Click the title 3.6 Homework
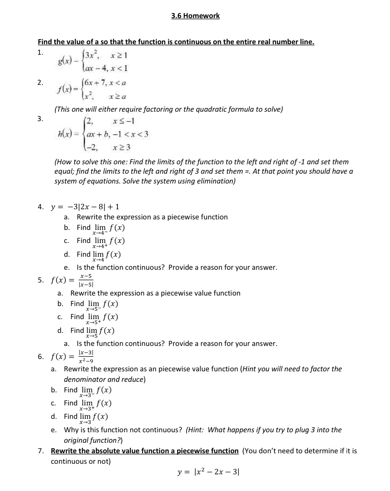tap(195, 16)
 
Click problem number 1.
tap(40, 52)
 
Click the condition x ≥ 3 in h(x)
tap(122, 148)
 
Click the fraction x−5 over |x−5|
tap(86, 280)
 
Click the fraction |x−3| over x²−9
tap(86, 356)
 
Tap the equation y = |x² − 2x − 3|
tap(208, 472)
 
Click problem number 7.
tap(41, 451)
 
